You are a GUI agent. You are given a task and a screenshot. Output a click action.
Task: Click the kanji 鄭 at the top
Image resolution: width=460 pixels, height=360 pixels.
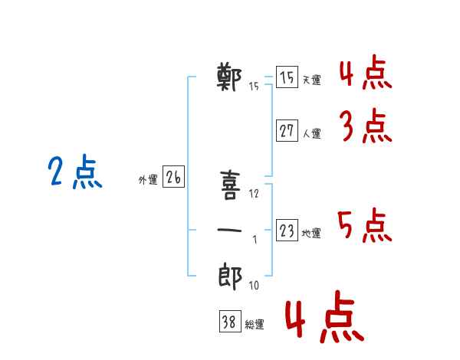click(229, 77)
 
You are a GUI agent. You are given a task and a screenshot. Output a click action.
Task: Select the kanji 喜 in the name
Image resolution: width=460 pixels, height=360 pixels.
click(230, 185)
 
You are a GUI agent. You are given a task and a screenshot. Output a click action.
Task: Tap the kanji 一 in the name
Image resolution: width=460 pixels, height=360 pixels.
click(229, 230)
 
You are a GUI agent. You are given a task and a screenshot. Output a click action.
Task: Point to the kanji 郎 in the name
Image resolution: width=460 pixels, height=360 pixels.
click(230, 277)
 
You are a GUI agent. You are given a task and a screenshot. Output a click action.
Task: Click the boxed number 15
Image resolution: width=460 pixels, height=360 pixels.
click(287, 77)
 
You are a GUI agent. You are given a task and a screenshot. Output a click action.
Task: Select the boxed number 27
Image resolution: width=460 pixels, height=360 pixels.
click(287, 130)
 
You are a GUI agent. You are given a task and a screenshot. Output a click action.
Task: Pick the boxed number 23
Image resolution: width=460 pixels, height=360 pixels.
click(287, 230)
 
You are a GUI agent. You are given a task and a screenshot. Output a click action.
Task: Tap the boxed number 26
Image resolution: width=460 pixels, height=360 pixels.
click(173, 176)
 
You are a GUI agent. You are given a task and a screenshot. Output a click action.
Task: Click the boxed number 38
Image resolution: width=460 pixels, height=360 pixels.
click(230, 321)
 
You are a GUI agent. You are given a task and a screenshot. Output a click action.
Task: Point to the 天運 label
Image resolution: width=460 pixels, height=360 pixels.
click(312, 80)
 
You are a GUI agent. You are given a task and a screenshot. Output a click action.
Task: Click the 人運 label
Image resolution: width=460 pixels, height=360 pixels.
click(312, 134)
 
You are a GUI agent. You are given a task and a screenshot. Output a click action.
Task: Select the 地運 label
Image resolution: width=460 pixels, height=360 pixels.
click(311, 233)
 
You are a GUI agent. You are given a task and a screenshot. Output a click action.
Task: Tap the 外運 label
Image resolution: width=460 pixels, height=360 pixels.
click(148, 179)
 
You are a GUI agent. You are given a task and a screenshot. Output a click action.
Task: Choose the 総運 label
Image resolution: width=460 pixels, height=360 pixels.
click(255, 324)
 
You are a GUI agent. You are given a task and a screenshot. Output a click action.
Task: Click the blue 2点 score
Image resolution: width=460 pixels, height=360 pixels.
click(75, 172)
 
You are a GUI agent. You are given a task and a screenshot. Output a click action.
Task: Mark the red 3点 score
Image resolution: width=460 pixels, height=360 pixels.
click(366, 126)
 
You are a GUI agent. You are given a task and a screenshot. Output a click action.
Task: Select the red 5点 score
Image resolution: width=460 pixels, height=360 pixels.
click(365, 225)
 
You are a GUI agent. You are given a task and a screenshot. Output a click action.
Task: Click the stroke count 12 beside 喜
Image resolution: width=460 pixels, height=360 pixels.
click(254, 194)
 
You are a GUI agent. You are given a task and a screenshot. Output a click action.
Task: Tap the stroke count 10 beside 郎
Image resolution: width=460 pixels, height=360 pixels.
click(254, 285)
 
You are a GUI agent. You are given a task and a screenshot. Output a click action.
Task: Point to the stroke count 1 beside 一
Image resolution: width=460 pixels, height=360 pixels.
click(255, 240)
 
